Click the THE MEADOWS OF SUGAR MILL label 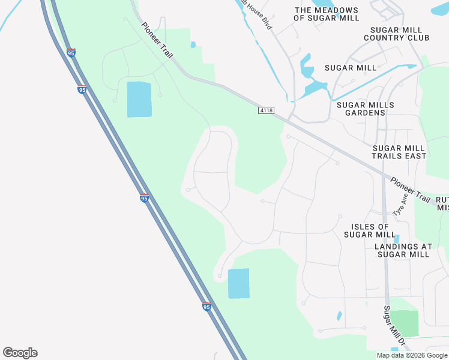327,14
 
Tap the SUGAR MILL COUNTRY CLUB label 400,34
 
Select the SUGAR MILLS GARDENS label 366,109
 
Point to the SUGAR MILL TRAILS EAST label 399,152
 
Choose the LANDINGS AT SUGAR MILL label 403,250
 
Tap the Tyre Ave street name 400,205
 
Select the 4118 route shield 267,110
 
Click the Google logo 20,353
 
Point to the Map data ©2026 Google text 412,355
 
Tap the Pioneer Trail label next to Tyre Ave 411,189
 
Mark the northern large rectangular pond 139,100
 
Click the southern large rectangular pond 238,283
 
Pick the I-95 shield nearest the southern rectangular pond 206,307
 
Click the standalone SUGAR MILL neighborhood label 351,68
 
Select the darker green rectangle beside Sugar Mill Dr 404,323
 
